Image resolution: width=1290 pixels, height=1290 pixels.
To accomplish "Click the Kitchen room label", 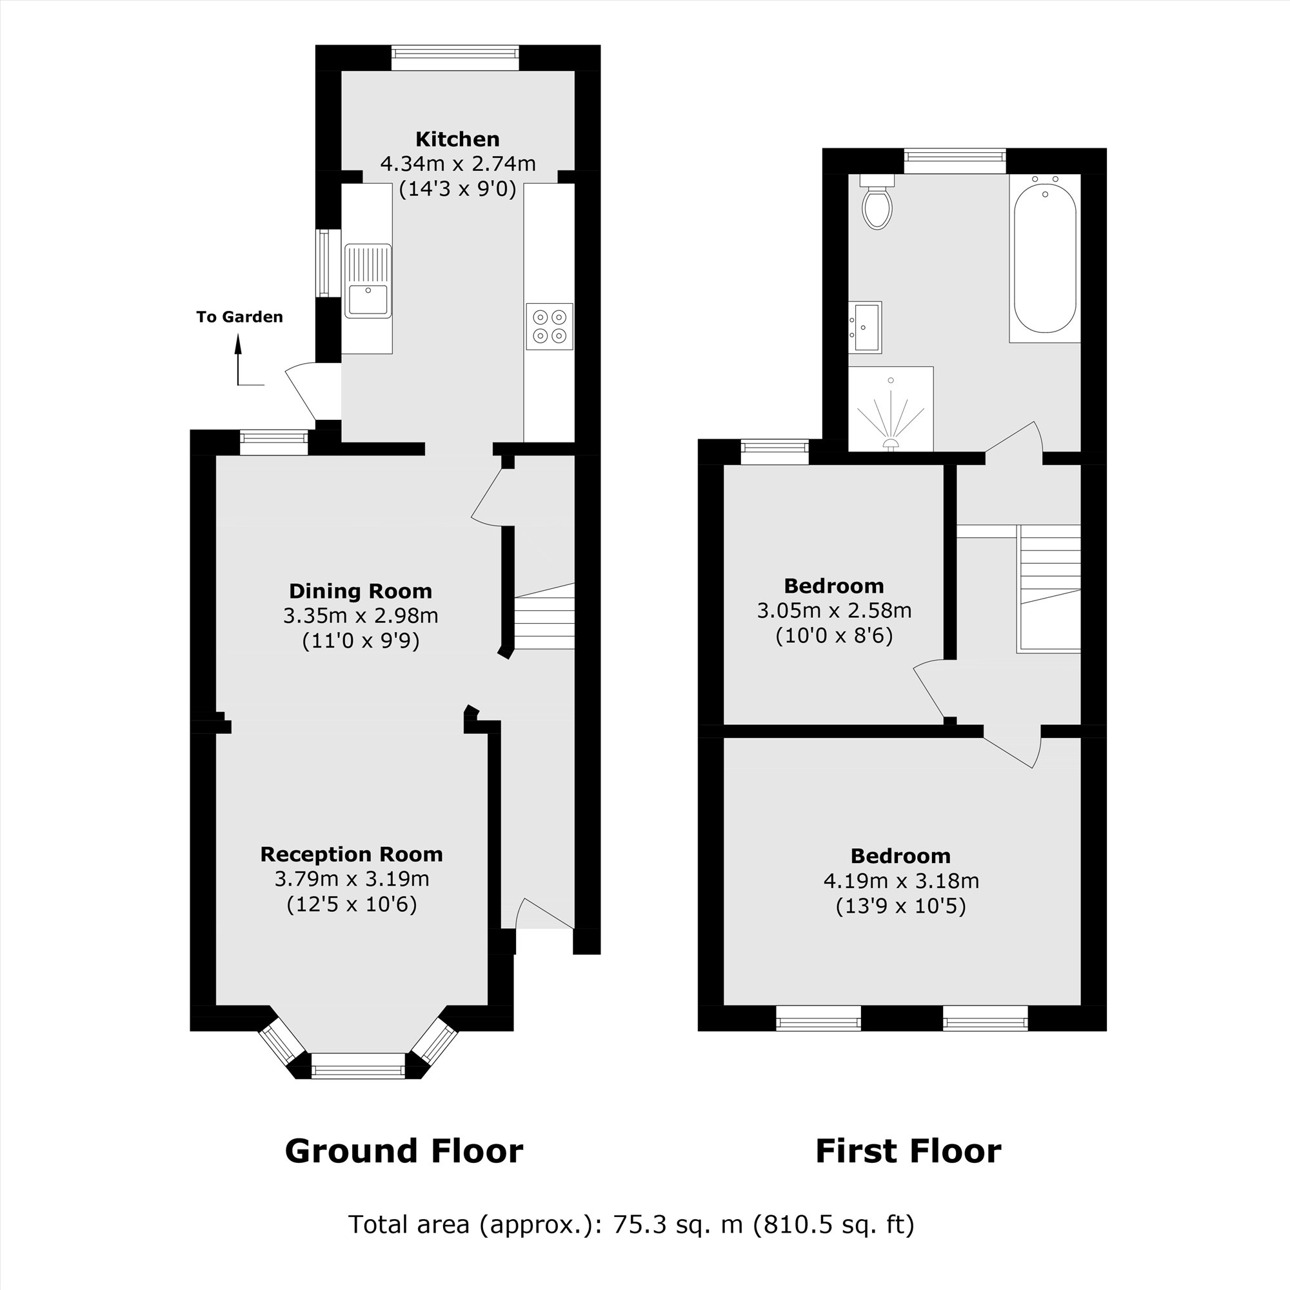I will tap(457, 139).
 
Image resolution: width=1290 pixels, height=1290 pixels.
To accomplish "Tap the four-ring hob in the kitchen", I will tap(549, 326).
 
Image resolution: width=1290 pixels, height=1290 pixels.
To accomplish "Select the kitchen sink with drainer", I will tap(368, 281).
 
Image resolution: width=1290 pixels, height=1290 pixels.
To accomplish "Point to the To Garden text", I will tap(239, 317).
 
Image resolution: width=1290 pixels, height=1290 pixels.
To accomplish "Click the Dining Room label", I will tap(361, 591).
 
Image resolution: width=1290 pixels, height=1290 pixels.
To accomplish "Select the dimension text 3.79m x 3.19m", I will tap(352, 878).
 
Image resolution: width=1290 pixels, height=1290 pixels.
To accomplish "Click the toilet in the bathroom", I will tap(877, 203).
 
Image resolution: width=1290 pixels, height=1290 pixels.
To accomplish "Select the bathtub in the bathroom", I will tap(1044, 259).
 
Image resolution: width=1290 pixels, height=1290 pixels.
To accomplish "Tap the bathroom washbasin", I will tap(866, 326).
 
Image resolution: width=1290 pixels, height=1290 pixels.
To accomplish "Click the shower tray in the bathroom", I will tap(891, 409).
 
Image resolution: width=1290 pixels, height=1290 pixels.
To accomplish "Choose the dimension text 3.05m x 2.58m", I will tap(834, 611).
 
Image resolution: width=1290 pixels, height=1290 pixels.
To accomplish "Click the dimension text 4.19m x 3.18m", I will tap(900, 880).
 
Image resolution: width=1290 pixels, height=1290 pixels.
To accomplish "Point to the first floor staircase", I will tap(1049, 588).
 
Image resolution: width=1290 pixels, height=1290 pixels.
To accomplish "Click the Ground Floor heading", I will tap(404, 1151).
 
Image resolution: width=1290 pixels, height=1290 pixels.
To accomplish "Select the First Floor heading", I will tap(908, 1151).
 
